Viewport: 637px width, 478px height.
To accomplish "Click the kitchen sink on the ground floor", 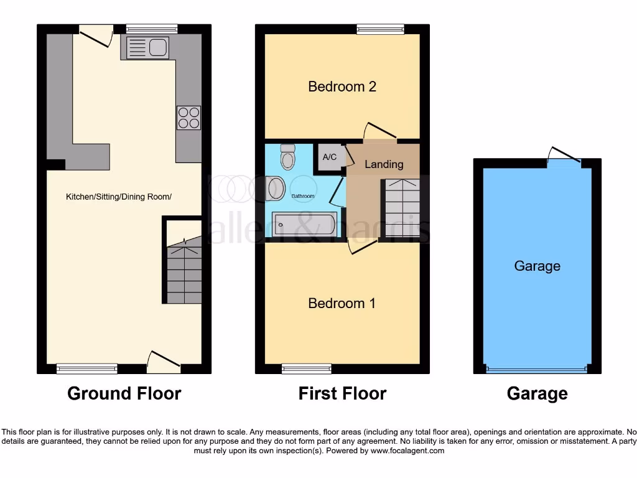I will tap(147, 48).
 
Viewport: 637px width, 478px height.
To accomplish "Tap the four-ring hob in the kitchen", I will tap(188, 118).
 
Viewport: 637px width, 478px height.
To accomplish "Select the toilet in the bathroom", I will tap(287, 158).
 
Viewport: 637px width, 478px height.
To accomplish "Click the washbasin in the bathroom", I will tap(275, 189).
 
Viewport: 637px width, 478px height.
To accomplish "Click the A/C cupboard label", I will tap(330, 157).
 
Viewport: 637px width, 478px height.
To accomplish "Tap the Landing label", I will tap(383, 164).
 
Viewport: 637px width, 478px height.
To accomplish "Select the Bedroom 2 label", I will tap(342, 87).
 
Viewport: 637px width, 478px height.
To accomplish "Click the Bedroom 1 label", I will tap(342, 303).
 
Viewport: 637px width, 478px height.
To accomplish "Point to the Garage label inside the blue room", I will tap(537, 266).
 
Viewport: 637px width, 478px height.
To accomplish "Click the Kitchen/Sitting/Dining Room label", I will tap(118, 197).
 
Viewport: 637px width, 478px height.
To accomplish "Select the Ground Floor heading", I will tap(124, 393).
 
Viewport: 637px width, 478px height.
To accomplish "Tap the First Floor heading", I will tap(342, 393).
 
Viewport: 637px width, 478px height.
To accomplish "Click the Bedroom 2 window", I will tap(380, 29).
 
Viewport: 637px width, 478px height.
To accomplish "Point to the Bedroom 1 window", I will tap(306, 368).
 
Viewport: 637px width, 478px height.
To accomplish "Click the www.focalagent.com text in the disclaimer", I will tap(407, 451).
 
